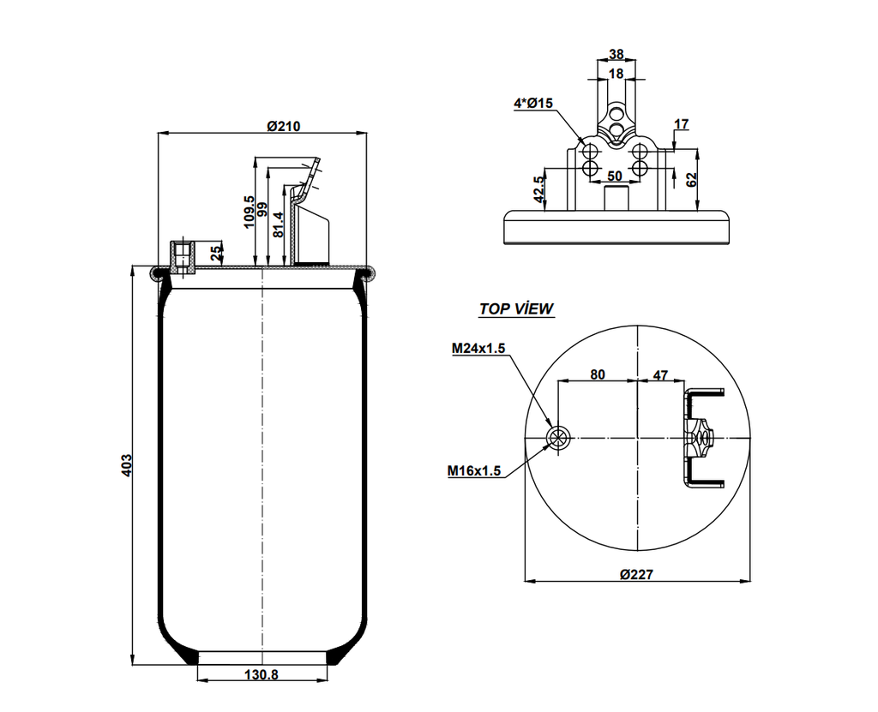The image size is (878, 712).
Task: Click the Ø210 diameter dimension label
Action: [283, 126]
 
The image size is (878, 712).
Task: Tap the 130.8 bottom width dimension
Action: [262, 675]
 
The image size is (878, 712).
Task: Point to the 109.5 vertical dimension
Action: [250, 211]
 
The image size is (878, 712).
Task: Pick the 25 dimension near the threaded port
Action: [214, 253]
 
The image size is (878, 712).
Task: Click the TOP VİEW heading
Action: [515, 309]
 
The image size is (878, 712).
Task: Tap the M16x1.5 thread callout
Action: [474, 470]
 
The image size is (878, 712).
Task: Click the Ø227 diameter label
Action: [636, 574]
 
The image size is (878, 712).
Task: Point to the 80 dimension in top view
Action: [597, 374]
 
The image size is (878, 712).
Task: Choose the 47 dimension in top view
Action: [661, 374]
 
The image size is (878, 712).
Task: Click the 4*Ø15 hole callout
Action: [533, 103]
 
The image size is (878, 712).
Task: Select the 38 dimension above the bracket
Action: [616, 54]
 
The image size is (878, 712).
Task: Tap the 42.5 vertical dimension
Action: [538, 189]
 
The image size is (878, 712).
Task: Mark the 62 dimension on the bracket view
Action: [691, 179]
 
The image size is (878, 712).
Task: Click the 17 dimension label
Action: [681, 124]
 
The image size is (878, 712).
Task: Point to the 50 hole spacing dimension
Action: [614, 176]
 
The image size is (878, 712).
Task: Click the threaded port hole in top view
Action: [557, 438]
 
